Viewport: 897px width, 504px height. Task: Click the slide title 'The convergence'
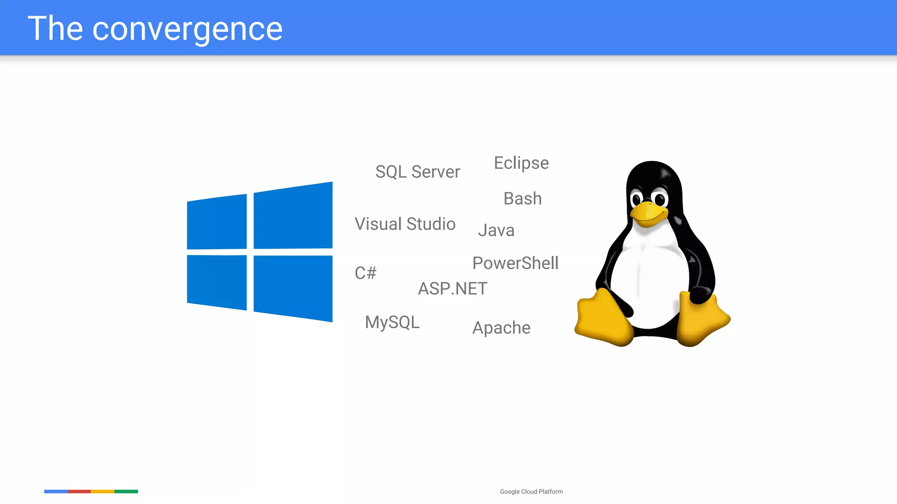tap(155, 29)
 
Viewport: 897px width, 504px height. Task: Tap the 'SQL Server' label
tap(417, 172)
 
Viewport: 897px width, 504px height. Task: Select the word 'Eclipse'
tap(521, 163)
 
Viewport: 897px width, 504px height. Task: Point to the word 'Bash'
tap(523, 199)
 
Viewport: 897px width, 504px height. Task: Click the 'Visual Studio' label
tap(405, 224)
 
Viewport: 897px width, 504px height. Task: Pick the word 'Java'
tap(496, 231)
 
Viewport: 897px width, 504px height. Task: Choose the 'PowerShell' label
tap(516, 263)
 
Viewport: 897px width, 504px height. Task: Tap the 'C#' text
tap(365, 273)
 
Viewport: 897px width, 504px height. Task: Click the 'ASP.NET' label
tap(452, 289)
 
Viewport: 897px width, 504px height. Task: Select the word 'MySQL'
tap(392, 322)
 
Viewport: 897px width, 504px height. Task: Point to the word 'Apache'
tap(501, 328)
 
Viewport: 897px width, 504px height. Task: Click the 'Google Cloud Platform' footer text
tap(531, 492)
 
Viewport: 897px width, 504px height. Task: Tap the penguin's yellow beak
tap(648, 213)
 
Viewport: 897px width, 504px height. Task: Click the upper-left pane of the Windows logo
tap(217, 222)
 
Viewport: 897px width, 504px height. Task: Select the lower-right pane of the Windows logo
tap(293, 288)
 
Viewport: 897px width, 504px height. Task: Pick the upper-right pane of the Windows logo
tap(293, 216)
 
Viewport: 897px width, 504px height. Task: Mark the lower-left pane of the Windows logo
tap(217, 282)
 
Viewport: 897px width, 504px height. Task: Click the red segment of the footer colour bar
tap(79, 491)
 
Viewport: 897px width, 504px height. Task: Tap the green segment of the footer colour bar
tap(126, 491)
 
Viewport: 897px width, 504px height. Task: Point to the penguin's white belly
tap(648, 280)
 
